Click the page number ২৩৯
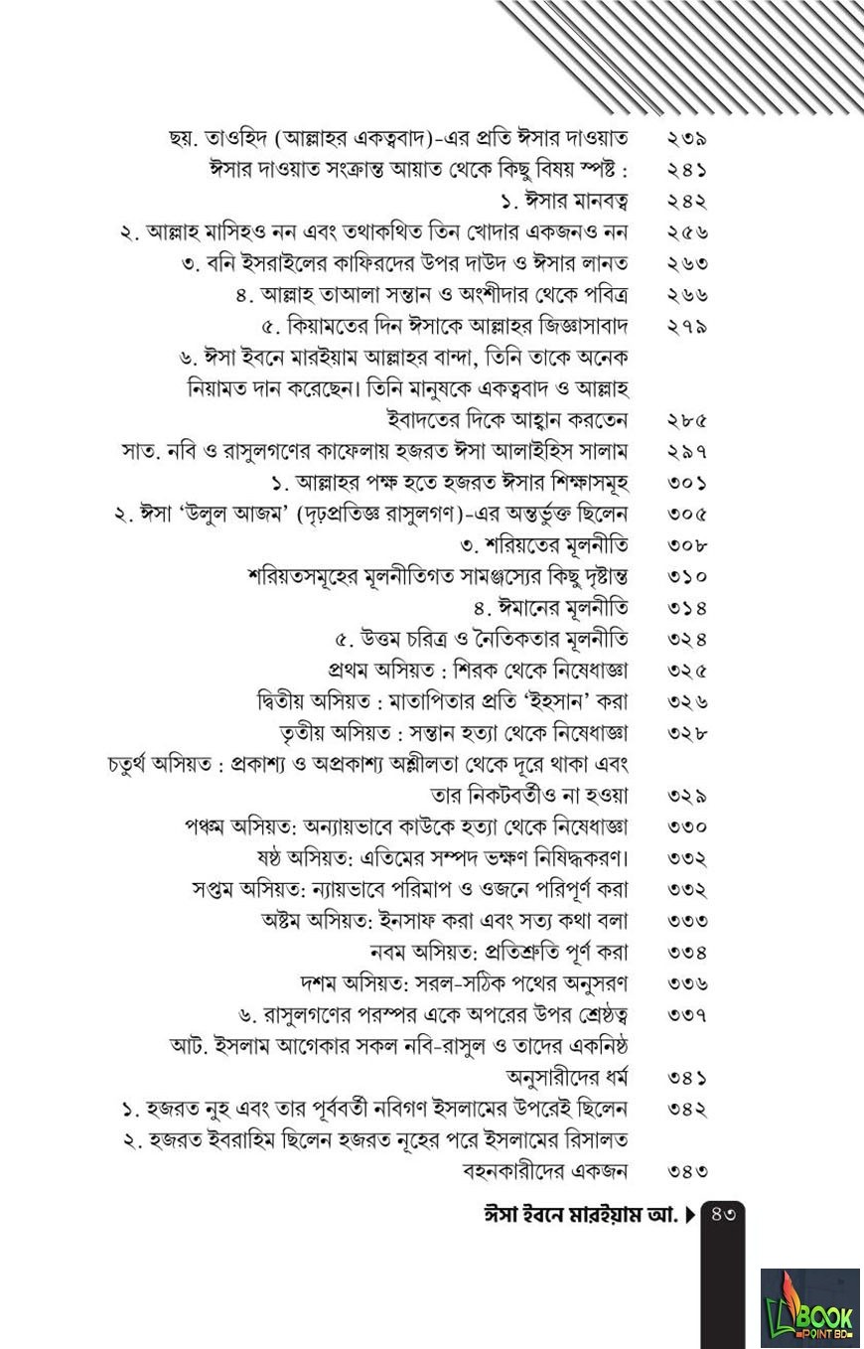click(x=686, y=139)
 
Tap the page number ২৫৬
click(x=686, y=232)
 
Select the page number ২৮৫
click(x=686, y=420)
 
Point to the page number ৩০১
click(x=686, y=483)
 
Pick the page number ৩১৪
click(x=686, y=607)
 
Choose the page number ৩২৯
click(x=686, y=796)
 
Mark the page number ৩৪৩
click(x=686, y=1171)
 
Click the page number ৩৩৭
click(x=686, y=1015)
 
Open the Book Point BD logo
click(x=809, y=1307)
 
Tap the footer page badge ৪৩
click(x=723, y=1214)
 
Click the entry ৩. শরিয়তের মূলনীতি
click(x=543, y=545)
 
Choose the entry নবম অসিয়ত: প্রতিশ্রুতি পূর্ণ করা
click(x=499, y=953)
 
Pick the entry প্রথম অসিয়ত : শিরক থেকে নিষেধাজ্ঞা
click(x=478, y=671)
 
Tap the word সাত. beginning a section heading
click(x=139, y=452)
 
